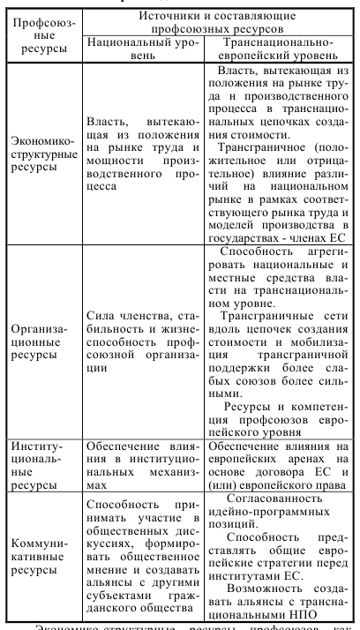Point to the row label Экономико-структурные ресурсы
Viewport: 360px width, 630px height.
point(41,154)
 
